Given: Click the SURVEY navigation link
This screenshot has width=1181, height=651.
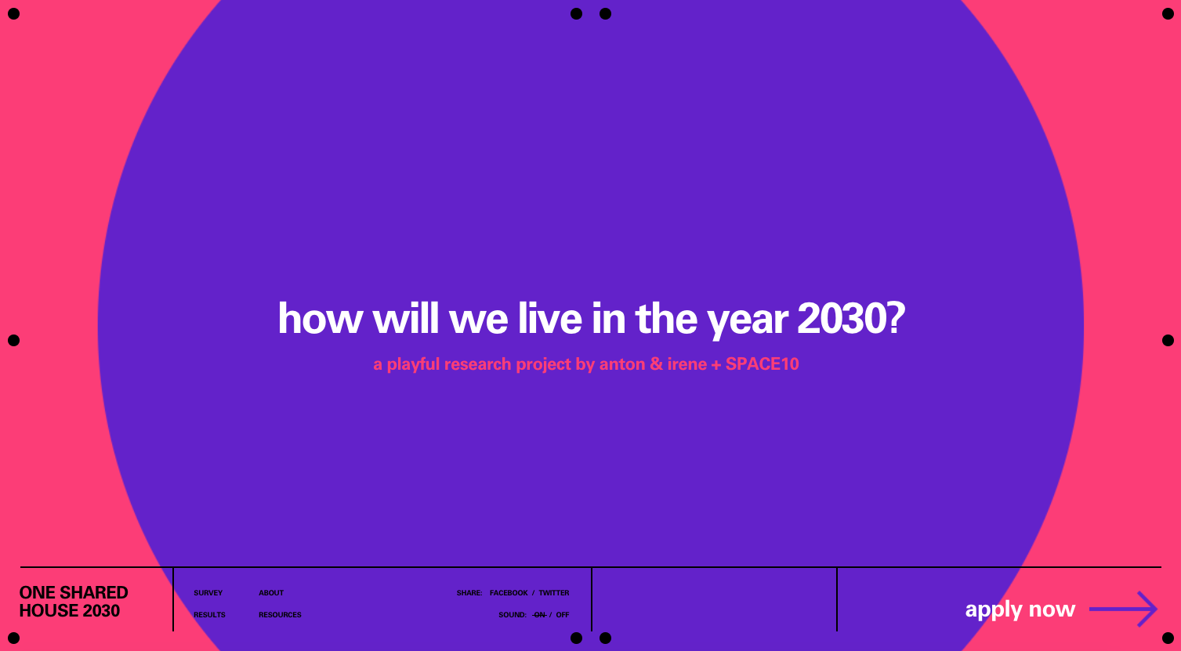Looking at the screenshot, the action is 208,593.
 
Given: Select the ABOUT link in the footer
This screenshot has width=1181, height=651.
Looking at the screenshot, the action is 271,593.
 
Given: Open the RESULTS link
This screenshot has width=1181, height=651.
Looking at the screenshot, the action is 209,615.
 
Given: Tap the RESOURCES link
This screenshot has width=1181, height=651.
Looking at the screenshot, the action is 280,615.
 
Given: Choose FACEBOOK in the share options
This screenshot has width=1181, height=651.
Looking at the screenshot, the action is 509,593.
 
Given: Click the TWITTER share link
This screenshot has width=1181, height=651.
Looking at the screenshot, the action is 553,593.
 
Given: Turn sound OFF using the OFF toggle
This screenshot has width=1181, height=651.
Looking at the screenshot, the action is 563,615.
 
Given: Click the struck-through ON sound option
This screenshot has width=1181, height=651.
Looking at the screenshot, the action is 539,615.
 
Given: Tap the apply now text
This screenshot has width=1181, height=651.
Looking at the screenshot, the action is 1020,610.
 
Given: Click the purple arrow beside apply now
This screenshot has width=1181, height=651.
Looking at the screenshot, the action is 1123,609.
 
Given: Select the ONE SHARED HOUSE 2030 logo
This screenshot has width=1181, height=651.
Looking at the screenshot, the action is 74,602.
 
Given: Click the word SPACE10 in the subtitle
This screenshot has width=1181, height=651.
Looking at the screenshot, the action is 762,363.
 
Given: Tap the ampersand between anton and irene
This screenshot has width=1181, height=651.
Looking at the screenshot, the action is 657,363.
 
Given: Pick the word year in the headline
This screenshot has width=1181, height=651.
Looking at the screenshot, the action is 747,320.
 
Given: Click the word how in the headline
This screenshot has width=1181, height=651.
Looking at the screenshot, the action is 320,318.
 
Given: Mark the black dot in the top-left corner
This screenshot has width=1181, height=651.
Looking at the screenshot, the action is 13,13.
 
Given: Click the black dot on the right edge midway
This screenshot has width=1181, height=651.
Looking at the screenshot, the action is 1168,341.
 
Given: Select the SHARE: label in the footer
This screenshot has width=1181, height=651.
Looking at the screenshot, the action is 469,593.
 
